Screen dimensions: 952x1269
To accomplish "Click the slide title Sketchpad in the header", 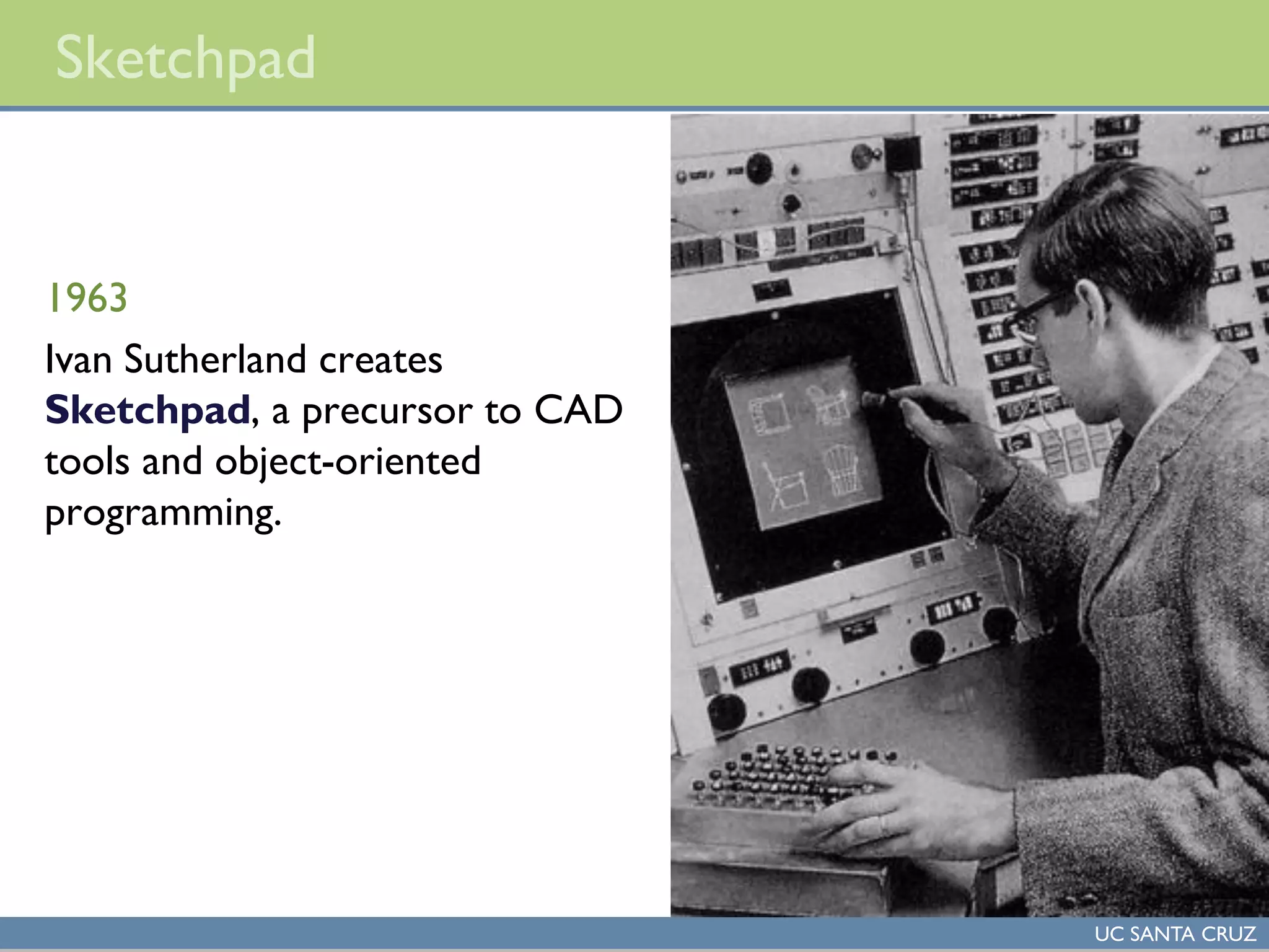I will click(x=185, y=59).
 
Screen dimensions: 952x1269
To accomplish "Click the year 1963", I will click(x=87, y=298).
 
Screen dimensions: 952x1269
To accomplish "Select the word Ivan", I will click(x=78, y=359).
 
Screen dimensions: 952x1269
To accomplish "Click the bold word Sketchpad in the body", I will click(x=147, y=411).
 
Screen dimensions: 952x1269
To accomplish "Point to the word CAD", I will click(x=577, y=410).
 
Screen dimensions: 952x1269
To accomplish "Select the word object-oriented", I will click(x=348, y=462).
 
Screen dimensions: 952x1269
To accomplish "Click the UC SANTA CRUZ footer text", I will click(x=1175, y=934).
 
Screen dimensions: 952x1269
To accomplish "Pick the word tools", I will click(x=87, y=462).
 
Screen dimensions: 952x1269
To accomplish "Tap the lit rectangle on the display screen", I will click(x=802, y=443).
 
